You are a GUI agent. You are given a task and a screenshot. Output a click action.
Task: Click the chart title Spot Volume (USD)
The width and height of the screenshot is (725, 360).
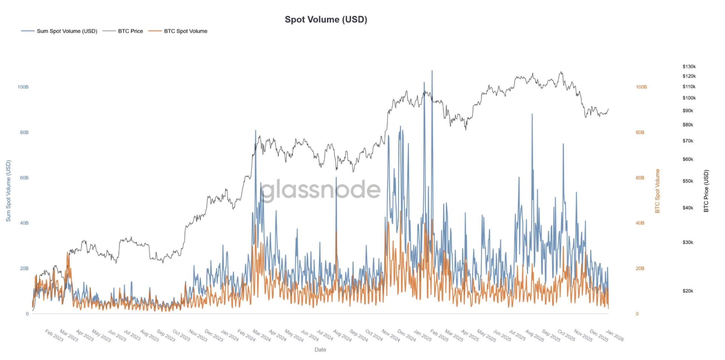[325, 19]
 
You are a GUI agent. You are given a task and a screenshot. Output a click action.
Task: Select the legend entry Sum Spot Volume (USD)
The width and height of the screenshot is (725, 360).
[67, 31]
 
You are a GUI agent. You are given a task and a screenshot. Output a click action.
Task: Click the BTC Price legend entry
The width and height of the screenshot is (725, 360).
[130, 31]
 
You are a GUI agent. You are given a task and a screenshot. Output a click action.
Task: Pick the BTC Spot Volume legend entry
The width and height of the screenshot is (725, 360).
[185, 31]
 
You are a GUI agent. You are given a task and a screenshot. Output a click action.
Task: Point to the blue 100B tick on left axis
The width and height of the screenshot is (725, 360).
[23, 87]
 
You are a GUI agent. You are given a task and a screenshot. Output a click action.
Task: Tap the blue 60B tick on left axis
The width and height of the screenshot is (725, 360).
[24, 178]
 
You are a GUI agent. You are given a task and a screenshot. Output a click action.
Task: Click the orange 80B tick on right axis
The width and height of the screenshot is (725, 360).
[640, 132]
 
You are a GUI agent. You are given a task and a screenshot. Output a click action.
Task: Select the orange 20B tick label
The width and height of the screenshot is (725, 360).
[640, 268]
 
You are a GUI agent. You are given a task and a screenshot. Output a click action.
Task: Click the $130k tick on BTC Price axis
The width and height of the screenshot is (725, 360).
[689, 66]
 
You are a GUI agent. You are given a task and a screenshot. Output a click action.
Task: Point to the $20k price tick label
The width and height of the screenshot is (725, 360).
[688, 291]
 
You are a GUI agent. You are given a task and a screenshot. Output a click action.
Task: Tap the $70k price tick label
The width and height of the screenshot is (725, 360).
[688, 141]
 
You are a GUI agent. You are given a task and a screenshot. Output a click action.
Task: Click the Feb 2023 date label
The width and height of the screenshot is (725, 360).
[54, 335]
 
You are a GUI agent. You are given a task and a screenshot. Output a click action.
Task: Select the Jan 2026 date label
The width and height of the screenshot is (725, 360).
[615, 335]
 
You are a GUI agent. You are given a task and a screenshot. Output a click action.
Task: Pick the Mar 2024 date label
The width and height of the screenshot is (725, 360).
[261, 335]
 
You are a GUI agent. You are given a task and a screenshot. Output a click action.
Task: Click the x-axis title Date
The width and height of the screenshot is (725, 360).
[320, 349]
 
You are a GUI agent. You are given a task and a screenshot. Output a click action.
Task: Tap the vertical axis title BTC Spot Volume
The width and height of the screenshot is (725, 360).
[657, 191]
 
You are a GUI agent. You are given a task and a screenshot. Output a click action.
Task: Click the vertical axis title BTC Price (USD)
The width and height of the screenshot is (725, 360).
[706, 191]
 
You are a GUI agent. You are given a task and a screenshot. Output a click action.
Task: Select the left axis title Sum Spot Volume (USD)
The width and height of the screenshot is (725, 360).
[8, 191]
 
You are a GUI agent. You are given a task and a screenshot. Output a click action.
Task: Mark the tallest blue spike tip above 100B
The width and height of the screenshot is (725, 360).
[432, 71]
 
